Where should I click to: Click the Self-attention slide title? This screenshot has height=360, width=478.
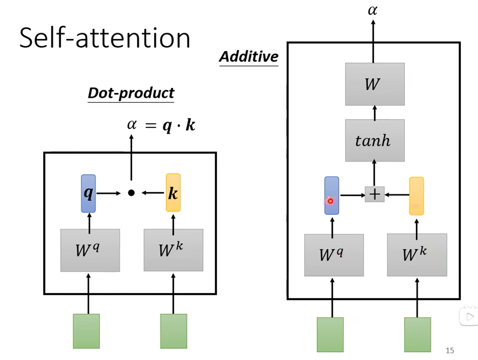click(x=105, y=38)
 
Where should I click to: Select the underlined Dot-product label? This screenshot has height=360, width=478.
click(x=131, y=93)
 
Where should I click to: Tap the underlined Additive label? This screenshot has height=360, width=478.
click(x=249, y=57)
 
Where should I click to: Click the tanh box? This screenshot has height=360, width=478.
click(x=375, y=140)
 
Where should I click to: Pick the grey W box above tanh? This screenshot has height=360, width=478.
click(x=375, y=84)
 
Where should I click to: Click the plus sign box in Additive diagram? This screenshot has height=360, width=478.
click(x=375, y=195)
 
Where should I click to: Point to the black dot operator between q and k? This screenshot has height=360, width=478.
click(x=131, y=193)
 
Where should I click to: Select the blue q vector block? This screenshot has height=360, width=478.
click(x=88, y=193)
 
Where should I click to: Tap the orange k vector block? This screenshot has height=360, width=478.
click(x=173, y=193)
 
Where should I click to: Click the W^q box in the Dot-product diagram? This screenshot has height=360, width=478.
click(x=90, y=250)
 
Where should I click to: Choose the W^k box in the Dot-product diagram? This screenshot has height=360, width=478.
click(x=173, y=250)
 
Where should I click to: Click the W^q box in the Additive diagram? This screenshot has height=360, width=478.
click(x=334, y=255)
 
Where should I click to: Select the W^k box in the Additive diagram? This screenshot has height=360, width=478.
click(x=417, y=255)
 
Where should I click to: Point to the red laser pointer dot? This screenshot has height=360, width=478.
click(x=330, y=201)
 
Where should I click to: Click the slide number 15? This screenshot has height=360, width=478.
click(x=450, y=350)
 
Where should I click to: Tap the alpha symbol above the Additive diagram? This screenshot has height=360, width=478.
click(x=372, y=10)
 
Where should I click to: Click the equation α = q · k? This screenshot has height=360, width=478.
click(x=161, y=125)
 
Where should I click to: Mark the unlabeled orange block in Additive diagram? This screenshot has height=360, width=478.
click(x=416, y=196)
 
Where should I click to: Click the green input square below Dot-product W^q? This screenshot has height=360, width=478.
click(x=86, y=331)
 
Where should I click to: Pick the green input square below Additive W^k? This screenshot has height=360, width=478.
click(x=417, y=334)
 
